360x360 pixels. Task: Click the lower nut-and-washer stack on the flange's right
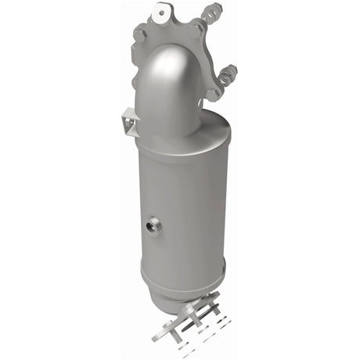click(x=229, y=75)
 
